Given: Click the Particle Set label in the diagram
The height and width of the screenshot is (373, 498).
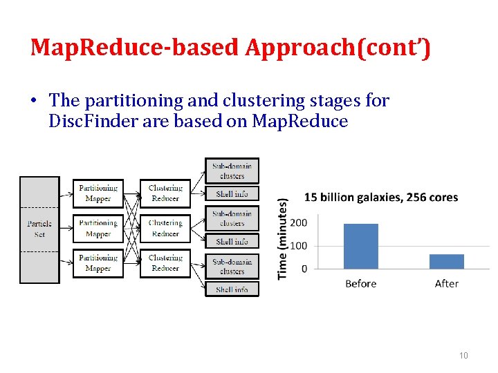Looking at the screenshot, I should click(39, 229).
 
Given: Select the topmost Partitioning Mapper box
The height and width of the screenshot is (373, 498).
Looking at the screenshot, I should click(98, 193).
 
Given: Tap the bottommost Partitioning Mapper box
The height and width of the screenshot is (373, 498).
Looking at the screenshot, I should click(98, 263).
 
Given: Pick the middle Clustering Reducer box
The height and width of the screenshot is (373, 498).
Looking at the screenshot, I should click(165, 228).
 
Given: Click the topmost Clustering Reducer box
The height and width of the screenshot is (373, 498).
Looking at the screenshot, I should click(165, 193).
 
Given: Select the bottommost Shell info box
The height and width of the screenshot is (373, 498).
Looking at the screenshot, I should click(232, 289).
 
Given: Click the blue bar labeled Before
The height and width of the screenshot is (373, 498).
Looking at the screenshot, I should click(361, 246).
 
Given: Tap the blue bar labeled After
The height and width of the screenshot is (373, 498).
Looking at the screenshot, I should click(447, 261).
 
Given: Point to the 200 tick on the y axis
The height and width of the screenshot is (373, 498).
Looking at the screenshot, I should click(299, 223).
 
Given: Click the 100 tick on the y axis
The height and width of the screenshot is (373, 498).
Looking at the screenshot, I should click(299, 246).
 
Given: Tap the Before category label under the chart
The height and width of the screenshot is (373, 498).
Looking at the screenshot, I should click(361, 284).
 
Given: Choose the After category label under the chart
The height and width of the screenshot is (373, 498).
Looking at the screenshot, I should click(447, 284).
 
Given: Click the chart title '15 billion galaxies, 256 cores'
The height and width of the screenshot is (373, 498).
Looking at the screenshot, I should click(381, 198).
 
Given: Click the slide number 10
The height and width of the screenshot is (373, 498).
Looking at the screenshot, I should click(463, 355).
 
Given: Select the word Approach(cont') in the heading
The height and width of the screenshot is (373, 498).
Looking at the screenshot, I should click(338, 48).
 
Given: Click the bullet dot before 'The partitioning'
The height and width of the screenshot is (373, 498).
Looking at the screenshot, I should click(33, 102).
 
